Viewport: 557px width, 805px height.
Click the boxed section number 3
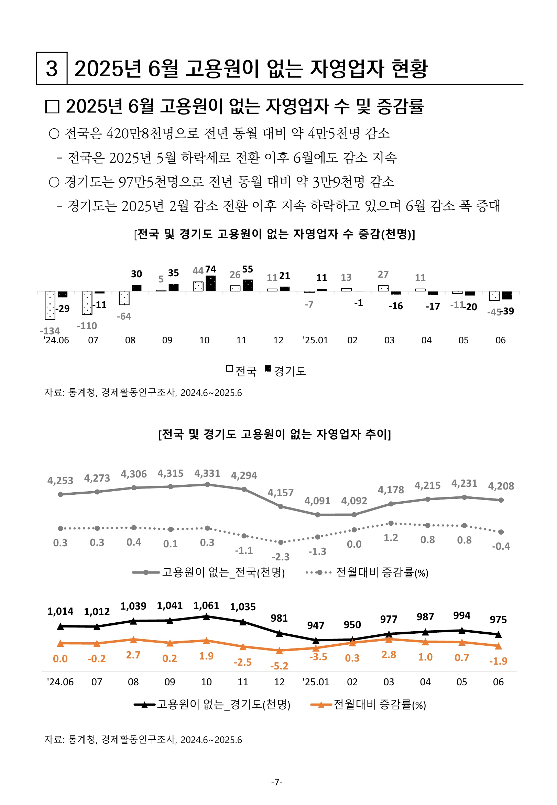pyautogui.click(x=52, y=68)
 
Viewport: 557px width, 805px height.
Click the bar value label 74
pyautogui.click(x=210, y=269)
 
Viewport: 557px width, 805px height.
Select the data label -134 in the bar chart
pyautogui.click(x=50, y=331)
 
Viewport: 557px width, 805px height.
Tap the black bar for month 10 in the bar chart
pyautogui.click(x=211, y=283)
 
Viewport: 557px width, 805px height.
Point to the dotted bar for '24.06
pyautogui.click(x=50, y=305)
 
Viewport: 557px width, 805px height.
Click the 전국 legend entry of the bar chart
pyautogui.click(x=241, y=371)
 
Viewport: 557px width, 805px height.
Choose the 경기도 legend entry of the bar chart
pyautogui.click(x=286, y=371)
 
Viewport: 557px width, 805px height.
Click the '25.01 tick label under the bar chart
pyautogui.click(x=315, y=340)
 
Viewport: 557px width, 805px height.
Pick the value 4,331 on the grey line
pyautogui.click(x=207, y=473)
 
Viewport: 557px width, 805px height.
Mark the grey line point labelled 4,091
pyautogui.click(x=318, y=515)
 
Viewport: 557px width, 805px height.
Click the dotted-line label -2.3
pyautogui.click(x=281, y=557)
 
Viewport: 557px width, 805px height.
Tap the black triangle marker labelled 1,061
pyautogui.click(x=206, y=616)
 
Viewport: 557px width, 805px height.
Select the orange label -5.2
pyautogui.click(x=279, y=666)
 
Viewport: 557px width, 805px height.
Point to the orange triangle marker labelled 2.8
pyautogui.click(x=389, y=639)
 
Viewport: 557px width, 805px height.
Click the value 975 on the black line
pyautogui.click(x=498, y=619)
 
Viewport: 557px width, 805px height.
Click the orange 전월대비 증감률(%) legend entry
pyautogui.click(x=369, y=705)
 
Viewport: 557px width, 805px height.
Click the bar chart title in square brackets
pyautogui.click(x=275, y=234)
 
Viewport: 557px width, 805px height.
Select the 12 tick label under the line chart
pyautogui.click(x=279, y=682)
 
